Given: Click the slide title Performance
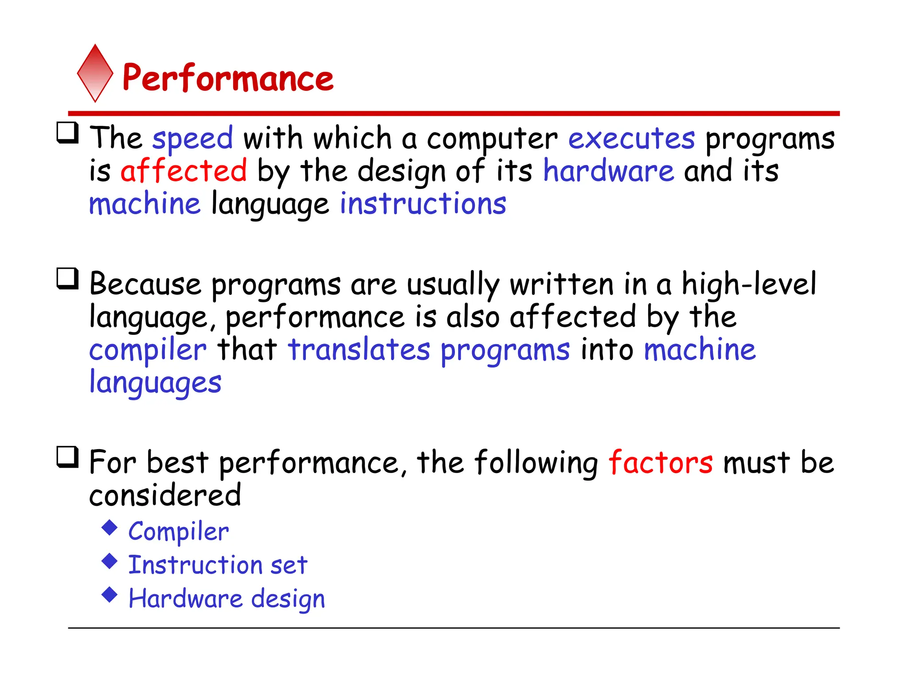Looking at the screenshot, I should (228, 78).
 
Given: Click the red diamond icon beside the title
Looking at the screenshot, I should (95, 74).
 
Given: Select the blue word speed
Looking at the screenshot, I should (192, 138).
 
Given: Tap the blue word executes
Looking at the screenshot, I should (631, 138).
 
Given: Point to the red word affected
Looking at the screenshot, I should (184, 171).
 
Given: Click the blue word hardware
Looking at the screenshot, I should (608, 171).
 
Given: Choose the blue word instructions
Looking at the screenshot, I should (423, 204).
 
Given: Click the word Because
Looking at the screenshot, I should (145, 284).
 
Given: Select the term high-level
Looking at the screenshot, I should (748, 284).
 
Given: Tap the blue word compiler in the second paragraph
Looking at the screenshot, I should (148, 350).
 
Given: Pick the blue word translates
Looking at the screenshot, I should (359, 349).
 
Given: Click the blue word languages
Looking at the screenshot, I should (155, 383).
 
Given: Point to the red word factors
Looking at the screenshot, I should (661, 462).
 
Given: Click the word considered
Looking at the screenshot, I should (165, 495).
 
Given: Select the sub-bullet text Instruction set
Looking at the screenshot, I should (218, 565).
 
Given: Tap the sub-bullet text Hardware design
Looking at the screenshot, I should (227, 599).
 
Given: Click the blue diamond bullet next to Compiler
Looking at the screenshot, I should (110, 528).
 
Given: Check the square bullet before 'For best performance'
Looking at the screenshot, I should (68, 457).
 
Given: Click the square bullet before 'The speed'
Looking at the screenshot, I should (68, 133).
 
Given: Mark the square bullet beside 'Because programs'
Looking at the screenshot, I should (68, 279).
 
